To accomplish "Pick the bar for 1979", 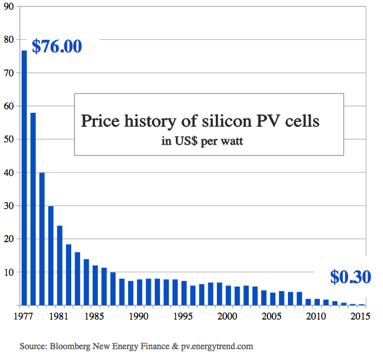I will (42, 239).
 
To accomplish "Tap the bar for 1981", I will (59, 265).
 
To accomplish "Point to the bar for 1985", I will (95, 285).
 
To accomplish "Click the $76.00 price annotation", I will (57, 46).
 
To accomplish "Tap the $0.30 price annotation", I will (351, 277).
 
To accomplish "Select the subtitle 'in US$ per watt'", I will (202, 141).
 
